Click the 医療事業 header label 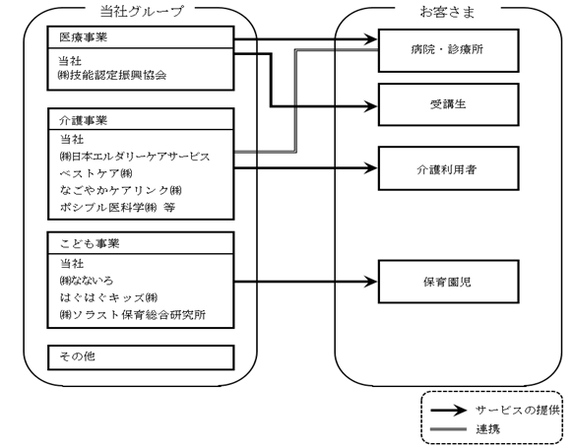point(84,37)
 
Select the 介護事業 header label point(84,120)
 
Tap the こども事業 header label point(90,243)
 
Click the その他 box point(141,357)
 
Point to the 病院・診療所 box point(448,50)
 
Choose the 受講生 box point(448,104)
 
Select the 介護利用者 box point(448,168)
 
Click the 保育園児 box point(448,282)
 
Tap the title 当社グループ point(141,12)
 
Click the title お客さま point(447,12)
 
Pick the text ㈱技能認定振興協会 point(112,75)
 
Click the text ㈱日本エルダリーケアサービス point(135,157)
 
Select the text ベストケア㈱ point(96,173)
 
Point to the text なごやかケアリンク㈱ point(120,190)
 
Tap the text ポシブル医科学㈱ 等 point(117,207)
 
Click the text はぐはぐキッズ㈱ point(108,297)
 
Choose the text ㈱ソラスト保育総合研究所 point(132,314)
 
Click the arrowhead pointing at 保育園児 point(370,282)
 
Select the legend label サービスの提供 point(518,410)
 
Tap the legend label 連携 point(488,428)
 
